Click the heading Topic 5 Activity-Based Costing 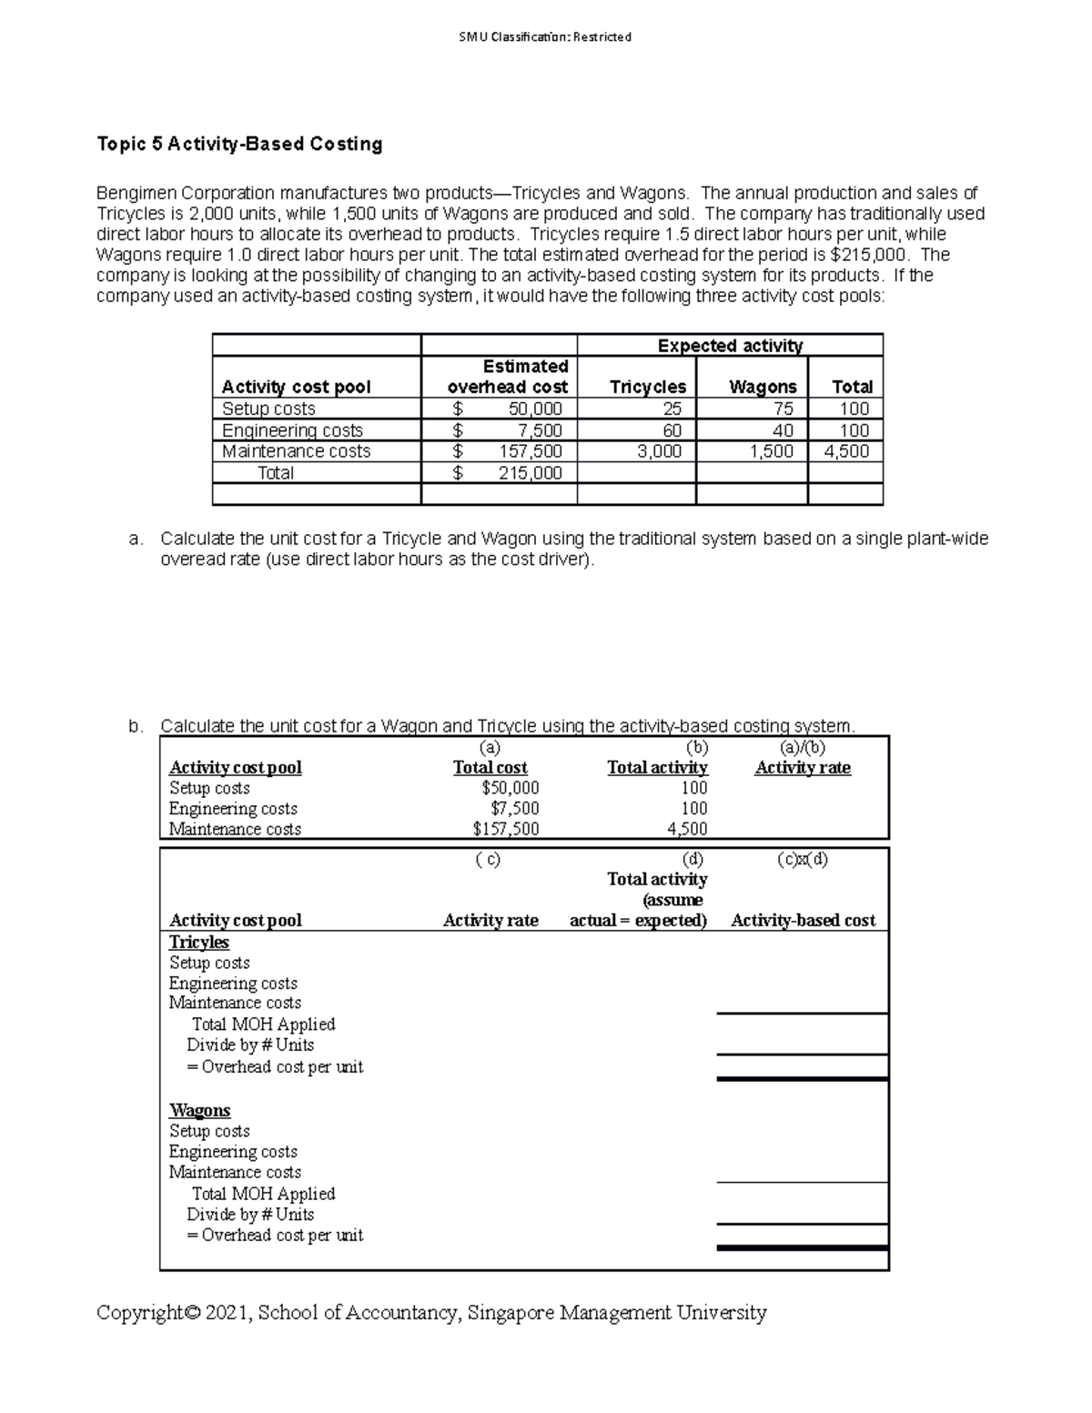(239, 144)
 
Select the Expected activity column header (729, 346)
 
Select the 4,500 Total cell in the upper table (845, 451)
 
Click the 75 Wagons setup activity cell (783, 409)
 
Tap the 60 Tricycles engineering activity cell (672, 430)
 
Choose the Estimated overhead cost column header (508, 377)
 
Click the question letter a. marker (136, 539)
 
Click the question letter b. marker (136, 726)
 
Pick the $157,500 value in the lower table (505, 829)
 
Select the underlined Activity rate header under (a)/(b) (802, 768)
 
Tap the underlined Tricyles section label (198, 943)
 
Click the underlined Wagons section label (199, 1111)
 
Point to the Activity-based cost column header (803, 921)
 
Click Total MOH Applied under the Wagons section (263, 1194)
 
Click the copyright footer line (431, 1313)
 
